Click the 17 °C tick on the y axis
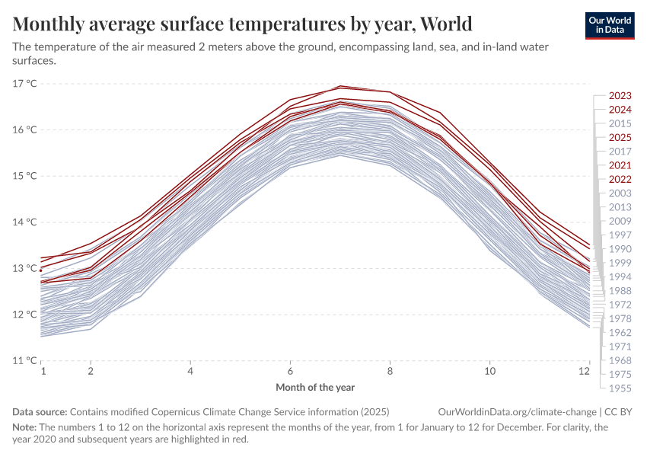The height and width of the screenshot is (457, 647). [x=25, y=83]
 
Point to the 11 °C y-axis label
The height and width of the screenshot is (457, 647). [x=25, y=360]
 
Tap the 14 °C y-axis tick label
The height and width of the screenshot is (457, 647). [x=25, y=222]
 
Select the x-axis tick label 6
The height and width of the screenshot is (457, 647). [x=290, y=371]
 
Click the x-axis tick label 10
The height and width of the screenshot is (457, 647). [x=490, y=371]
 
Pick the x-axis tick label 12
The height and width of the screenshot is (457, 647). [x=585, y=371]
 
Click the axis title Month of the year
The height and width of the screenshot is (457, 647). [x=315, y=387]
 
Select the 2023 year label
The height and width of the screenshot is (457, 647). [x=620, y=96]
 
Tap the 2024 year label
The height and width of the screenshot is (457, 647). [x=620, y=110]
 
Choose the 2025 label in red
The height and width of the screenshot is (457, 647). [x=620, y=138]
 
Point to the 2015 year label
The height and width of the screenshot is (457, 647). [x=620, y=123]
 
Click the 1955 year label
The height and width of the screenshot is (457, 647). [x=620, y=388]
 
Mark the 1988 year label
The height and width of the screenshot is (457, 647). [x=620, y=290]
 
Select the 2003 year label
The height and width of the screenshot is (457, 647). [x=620, y=193]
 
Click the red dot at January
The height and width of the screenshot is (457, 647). [x=41, y=270]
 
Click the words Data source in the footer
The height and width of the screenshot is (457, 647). [x=40, y=411]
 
